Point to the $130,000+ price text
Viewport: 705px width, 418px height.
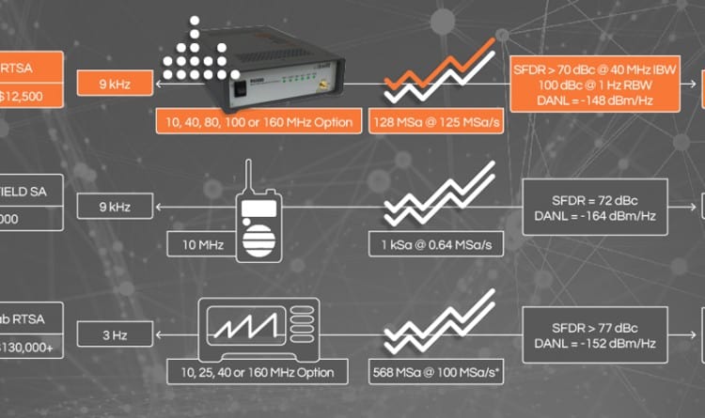point(31,346)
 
